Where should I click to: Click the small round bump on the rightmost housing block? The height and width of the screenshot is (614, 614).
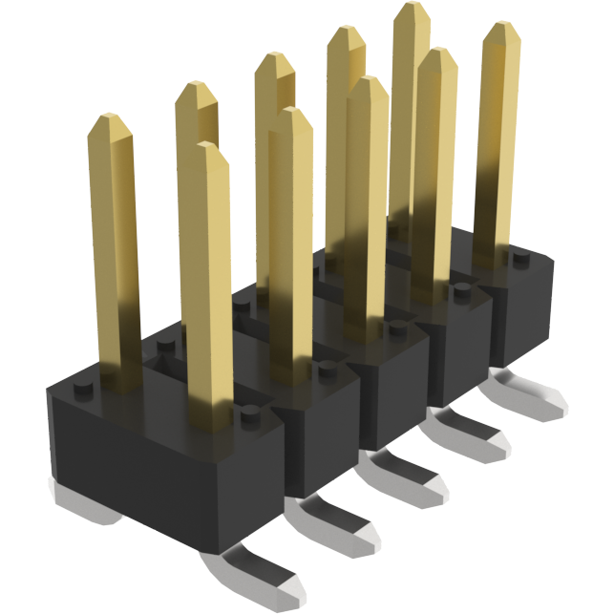pyautogui.click(x=519, y=258)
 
